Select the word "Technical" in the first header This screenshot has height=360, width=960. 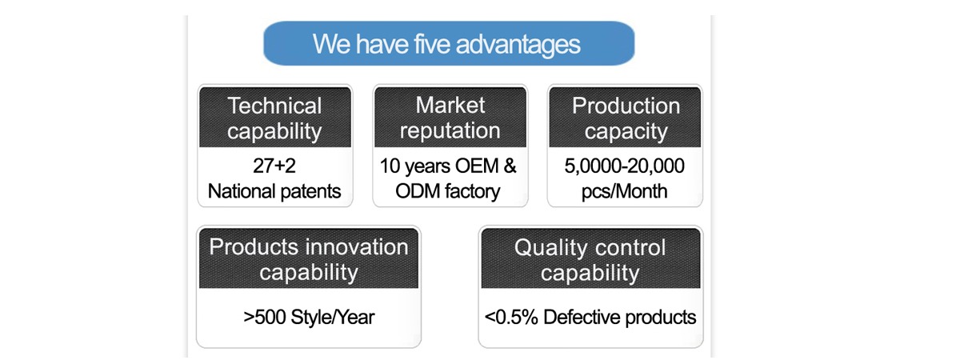[274, 106]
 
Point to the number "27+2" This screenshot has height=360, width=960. [274, 166]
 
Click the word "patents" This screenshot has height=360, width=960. [310, 191]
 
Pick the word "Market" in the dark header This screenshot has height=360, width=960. [450, 105]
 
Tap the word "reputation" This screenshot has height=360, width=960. [450, 130]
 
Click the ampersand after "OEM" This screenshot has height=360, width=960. [510, 166]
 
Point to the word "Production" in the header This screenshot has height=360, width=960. [626, 106]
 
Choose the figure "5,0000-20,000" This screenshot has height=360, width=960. [625, 166]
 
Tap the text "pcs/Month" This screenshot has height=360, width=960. [625, 191]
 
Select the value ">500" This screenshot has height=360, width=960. [264, 318]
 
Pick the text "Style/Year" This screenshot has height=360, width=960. [333, 318]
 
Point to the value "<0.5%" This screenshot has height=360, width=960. [511, 318]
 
